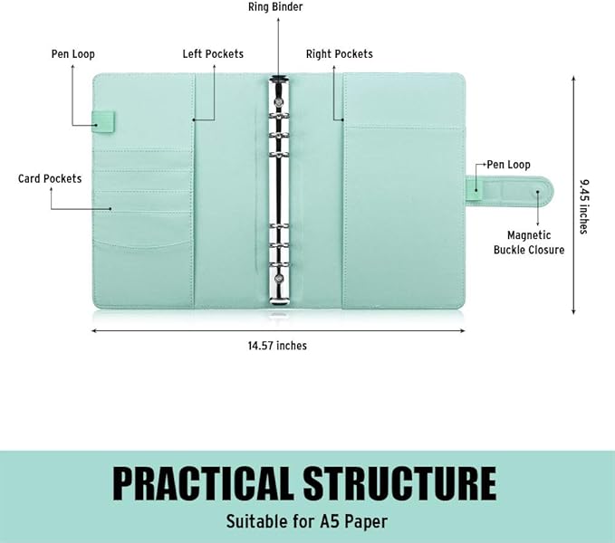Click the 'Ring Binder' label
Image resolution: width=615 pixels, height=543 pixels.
(275, 7)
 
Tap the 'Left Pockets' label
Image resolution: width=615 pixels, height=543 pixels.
(213, 53)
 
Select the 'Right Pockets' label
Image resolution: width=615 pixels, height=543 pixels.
(340, 54)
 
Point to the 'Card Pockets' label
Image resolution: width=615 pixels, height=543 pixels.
(50, 178)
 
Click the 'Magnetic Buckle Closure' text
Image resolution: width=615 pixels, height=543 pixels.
(529, 243)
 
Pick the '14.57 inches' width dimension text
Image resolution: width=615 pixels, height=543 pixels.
(277, 346)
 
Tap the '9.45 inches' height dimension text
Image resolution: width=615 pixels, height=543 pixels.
(585, 206)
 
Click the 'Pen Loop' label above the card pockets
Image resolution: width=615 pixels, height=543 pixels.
(73, 54)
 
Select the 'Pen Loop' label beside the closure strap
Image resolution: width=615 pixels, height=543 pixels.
(508, 165)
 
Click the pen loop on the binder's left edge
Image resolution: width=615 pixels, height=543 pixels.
(103, 121)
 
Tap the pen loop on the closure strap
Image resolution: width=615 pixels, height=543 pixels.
(475, 190)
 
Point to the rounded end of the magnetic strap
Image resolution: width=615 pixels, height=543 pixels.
(546, 192)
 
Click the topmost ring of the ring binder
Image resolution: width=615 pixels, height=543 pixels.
(278, 117)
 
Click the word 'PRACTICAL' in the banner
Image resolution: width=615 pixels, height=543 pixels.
(203, 483)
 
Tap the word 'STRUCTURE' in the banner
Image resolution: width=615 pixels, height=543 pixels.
(399, 483)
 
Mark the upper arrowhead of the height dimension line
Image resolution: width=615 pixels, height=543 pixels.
(573, 78)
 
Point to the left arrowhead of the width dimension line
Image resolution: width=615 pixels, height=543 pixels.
(94, 330)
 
